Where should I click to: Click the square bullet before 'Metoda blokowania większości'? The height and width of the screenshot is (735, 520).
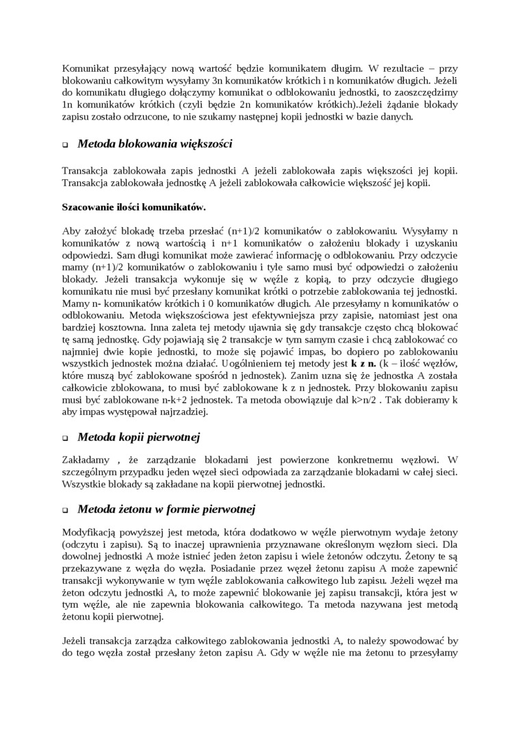[x=66, y=145]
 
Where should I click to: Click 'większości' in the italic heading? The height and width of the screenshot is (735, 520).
[x=207, y=144]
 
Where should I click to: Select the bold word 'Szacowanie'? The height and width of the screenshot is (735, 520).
[x=89, y=206]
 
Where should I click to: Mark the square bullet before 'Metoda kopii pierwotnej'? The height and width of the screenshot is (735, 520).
[x=66, y=438]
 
